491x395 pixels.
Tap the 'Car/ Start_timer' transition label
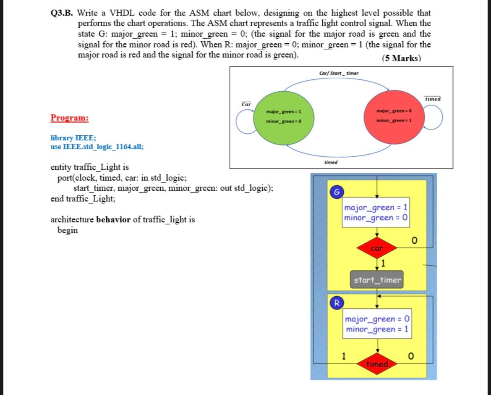coord(339,74)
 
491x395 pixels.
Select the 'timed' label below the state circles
coord(331,162)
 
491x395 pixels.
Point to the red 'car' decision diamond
coord(377,248)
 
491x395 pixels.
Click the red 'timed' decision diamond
coord(377,364)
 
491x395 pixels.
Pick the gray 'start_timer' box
coord(377,280)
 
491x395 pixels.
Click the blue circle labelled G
coord(336,192)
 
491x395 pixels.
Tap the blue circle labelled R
coord(336,302)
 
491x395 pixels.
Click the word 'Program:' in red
coord(70,118)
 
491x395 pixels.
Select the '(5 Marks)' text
coord(401,58)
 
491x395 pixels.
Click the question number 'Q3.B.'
coord(62,13)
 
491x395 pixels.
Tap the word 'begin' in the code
coord(67,230)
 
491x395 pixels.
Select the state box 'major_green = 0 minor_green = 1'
coord(376,324)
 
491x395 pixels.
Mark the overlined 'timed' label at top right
coord(433,99)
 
